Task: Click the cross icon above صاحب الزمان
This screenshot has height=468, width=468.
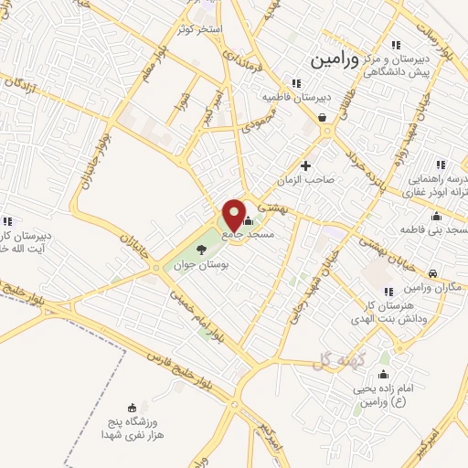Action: coord(305,165)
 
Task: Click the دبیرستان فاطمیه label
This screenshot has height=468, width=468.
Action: coord(294,96)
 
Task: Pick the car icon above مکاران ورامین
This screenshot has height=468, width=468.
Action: coord(432,273)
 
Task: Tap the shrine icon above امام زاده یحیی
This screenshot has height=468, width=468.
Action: coord(383,375)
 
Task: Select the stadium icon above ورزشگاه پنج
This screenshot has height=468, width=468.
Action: coord(133,408)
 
